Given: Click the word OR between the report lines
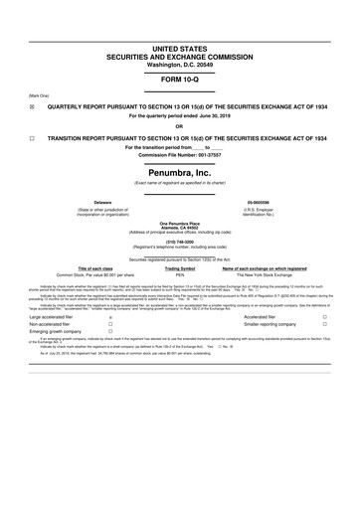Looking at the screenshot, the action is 179,126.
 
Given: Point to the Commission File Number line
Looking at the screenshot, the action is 180,158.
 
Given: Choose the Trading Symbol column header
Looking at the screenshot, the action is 180,268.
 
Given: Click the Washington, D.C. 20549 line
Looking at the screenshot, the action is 180,36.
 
